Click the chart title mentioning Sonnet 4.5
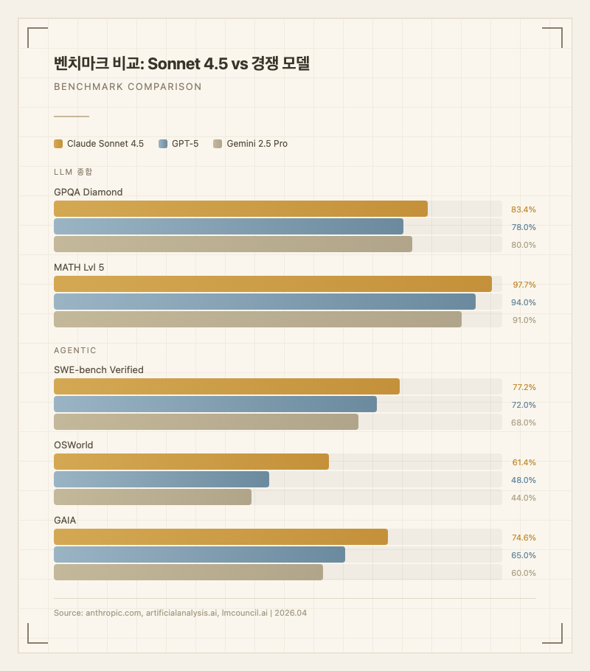(181, 63)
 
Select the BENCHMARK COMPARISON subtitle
(128, 86)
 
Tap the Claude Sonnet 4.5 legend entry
(99, 144)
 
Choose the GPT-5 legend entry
(178, 144)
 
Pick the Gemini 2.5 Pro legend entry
(250, 144)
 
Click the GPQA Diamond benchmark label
(88, 192)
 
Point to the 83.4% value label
(524, 209)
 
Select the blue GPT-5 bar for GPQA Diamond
(229, 226)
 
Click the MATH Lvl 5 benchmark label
(79, 268)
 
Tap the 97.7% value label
(524, 285)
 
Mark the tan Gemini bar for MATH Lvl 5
(257, 319)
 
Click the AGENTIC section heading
(75, 350)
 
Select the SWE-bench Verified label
(99, 369)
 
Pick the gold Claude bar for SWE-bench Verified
(226, 386)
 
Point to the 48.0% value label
(524, 480)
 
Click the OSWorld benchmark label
(74, 445)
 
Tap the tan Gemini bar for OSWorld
(153, 497)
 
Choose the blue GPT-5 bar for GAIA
(199, 554)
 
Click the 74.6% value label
(524, 538)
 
